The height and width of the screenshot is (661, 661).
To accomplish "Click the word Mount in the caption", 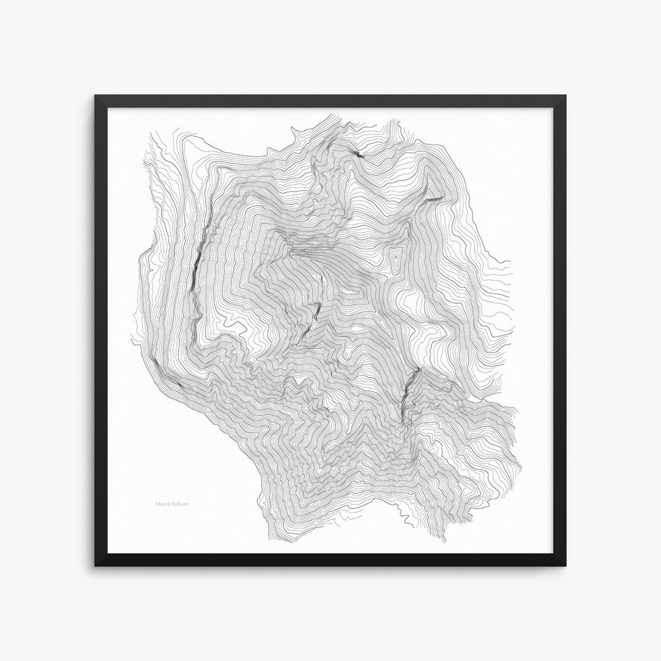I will point(163,505).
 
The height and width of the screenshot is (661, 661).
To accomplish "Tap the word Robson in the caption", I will point(180,505).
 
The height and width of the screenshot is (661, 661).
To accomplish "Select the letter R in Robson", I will point(173,505).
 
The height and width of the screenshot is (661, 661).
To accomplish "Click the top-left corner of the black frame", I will point(95,96).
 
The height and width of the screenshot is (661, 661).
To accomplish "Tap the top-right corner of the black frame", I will point(566,96).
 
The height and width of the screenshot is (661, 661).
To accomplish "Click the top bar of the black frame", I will point(330,101).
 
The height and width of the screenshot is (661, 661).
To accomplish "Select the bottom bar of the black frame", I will point(330,560).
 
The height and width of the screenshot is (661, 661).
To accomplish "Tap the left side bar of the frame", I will point(101,330).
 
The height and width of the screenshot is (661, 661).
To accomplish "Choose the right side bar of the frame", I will point(561,330).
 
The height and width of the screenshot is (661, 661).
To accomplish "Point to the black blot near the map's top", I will point(357,155).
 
